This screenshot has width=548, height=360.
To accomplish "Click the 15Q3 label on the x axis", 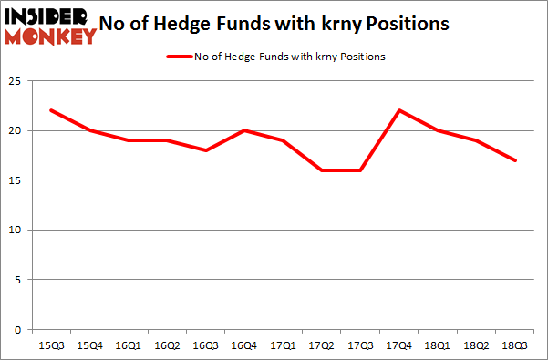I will [50, 346].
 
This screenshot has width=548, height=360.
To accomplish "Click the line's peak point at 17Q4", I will [400, 110].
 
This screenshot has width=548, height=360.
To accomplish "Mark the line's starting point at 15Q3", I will [51, 110].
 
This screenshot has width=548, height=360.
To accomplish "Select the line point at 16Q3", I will [207, 150].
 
